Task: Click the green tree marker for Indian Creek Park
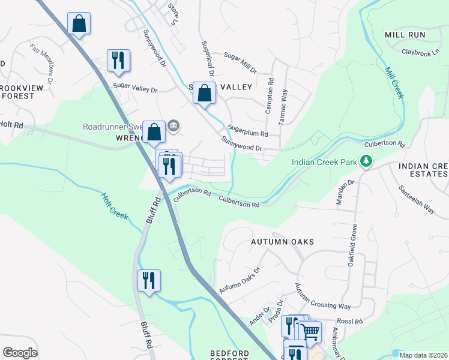[x=365, y=161]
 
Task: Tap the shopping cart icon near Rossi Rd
[x=310, y=331]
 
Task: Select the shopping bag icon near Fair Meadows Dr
[x=79, y=24]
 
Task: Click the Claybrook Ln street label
[x=421, y=53]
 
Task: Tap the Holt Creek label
[x=114, y=205]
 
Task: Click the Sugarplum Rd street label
[x=247, y=131]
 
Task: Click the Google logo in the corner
[x=20, y=353]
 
